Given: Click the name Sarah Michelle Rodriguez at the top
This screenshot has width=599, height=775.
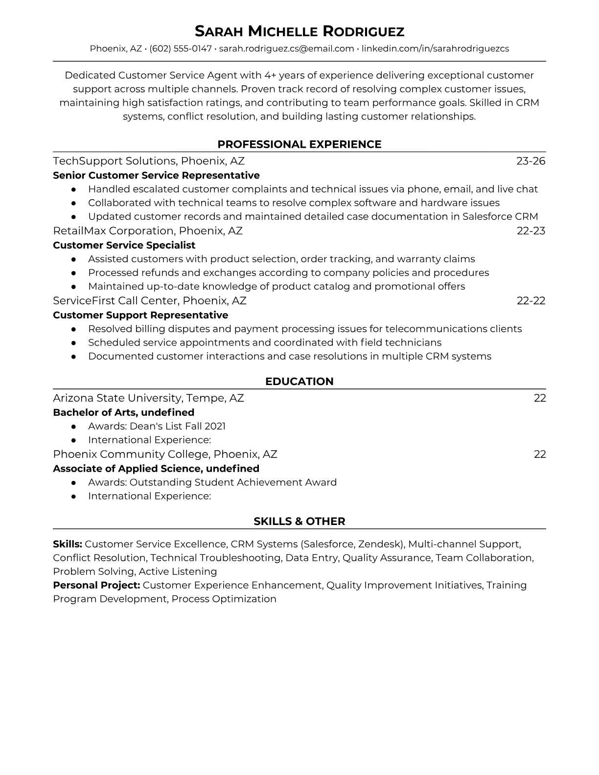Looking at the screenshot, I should [x=299, y=32].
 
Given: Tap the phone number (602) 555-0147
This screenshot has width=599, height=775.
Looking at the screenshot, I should [x=180, y=49].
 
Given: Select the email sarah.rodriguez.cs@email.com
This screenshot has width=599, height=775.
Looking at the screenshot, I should [x=286, y=49].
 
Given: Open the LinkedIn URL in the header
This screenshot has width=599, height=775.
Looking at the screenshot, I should [x=435, y=49].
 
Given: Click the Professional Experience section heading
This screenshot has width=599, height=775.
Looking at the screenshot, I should [x=299, y=144].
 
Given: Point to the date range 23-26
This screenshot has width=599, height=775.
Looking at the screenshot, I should [x=530, y=161].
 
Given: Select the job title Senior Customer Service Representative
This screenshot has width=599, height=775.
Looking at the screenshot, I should [x=156, y=175].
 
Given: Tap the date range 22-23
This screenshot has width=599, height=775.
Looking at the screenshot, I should [x=531, y=231].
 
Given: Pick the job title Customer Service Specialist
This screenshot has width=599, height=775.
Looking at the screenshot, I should [x=124, y=245].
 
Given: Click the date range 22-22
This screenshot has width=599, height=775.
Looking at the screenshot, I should [x=531, y=301].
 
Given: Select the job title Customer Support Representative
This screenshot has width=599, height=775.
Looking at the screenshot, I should [x=140, y=315].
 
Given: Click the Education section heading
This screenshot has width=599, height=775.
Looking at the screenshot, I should [x=299, y=382].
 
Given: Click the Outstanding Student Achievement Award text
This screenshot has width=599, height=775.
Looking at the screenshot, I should [x=233, y=482].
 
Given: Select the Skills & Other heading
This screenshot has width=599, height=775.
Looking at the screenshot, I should [x=299, y=522].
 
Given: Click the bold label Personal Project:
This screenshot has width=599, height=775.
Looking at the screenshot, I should [x=96, y=585].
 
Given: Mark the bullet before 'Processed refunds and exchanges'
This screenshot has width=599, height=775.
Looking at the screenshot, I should [x=73, y=273].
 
